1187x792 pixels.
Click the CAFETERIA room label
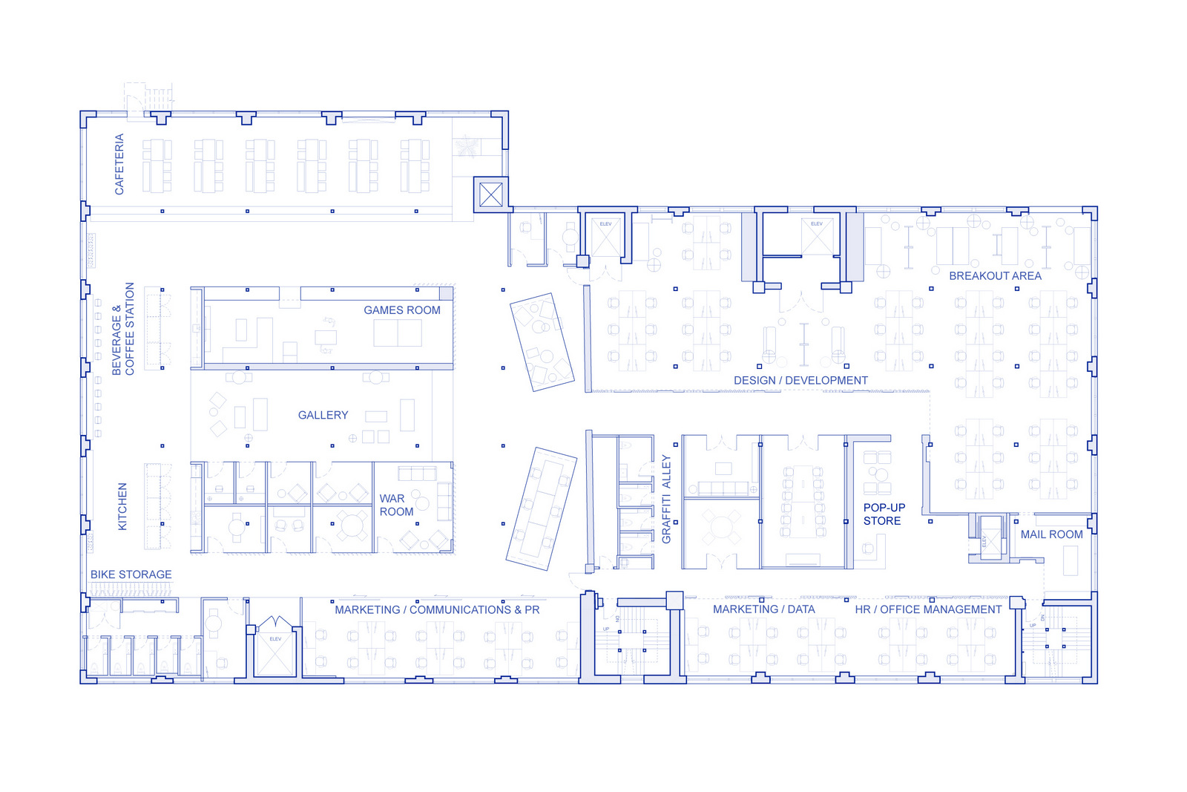pyautogui.click(x=119, y=164)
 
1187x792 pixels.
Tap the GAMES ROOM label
pyautogui.click(x=401, y=310)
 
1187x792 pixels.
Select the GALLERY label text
pyautogui.click(x=323, y=415)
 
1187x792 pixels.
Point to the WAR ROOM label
pyautogui.click(x=396, y=505)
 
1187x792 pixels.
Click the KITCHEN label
pyautogui.click(x=123, y=506)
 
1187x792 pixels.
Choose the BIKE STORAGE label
pyautogui.click(x=131, y=575)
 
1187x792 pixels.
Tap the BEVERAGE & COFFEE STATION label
pyautogui.click(x=123, y=329)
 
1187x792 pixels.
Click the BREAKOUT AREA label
pyautogui.click(x=995, y=276)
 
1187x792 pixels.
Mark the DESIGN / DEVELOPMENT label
pyautogui.click(x=800, y=381)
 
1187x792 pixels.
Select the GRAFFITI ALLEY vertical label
pyautogui.click(x=665, y=499)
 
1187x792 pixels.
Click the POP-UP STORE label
pyautogui.click(x=884, y=514)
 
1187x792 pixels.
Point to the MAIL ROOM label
pyautogui.click(x=1051, y=534)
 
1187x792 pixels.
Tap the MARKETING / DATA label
pyautogui.click(x=763, y=609)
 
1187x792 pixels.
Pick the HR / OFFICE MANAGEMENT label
pyautogui.click(x=928, y=609)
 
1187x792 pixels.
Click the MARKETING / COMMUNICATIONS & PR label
pyautogui.click(x=437, y=610)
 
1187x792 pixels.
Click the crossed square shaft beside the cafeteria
pyautogui.click(x=490, y=195)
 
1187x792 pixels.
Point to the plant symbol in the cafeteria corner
pyautogui.click(x=467, y=145)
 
